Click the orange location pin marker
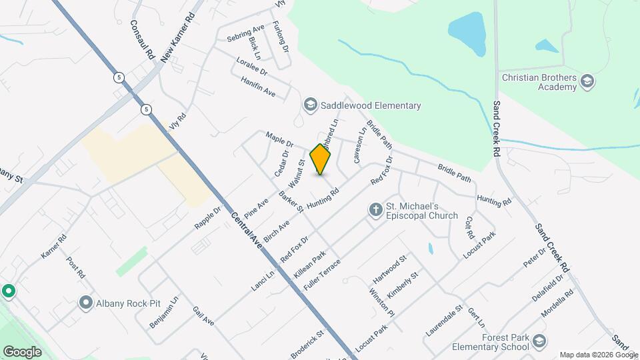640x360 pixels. coord(320,159)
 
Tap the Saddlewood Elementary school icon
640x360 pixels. coord(309,105)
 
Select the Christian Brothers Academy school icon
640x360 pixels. coord(587,82)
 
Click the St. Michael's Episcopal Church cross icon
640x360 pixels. coord(375,210)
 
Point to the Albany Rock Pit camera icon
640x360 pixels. coord(85,303)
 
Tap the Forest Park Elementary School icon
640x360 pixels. coord(539,342)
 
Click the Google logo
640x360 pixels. coord(22,351)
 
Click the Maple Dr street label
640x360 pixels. coord(280,139)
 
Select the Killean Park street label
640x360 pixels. coord(309,265)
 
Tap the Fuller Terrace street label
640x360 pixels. coord(322,273)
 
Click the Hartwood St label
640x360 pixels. coord(390,268)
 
